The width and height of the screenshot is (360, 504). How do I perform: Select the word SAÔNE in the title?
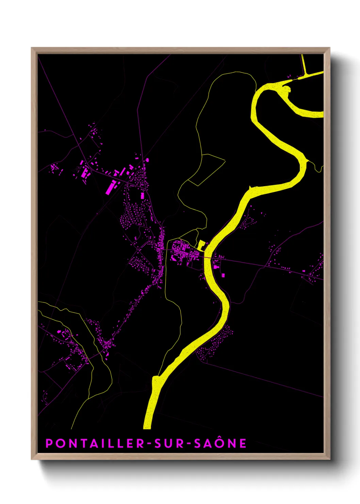point(220,443)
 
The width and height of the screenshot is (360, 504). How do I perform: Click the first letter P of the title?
point(49,443)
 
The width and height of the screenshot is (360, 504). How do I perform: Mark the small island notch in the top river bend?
point(288,90)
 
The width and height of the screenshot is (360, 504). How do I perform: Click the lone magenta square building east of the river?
point(224,275)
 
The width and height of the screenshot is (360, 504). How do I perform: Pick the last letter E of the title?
point(243,443)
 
